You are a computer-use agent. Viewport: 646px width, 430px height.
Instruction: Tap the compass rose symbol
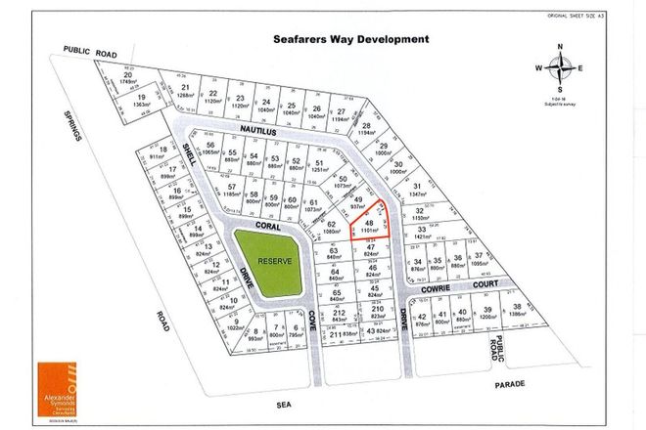[x=560, y=66]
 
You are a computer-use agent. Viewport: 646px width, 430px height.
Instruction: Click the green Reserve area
[x=262, y=262]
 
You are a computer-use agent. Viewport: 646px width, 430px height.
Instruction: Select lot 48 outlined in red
[x=369, y=229]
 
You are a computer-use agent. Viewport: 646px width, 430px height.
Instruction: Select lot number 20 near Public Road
[x=127, y=78]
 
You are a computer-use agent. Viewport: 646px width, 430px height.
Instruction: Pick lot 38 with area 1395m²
[x=515, y=312]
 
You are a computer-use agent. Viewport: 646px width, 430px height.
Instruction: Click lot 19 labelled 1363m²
[x=142, y=101]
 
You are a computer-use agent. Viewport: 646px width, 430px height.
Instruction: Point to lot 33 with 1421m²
[x=422, y=233]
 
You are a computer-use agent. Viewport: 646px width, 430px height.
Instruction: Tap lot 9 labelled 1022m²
[x=233, y=325]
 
